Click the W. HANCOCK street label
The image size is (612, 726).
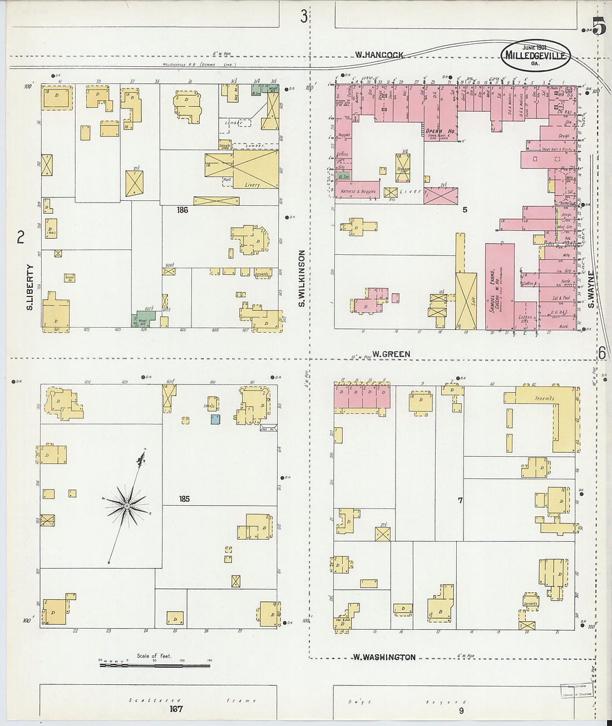(379, 55)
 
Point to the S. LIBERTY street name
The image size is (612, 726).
(30, 287)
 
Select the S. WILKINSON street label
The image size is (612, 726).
(302, 278)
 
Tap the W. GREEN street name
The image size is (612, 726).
(391, 354)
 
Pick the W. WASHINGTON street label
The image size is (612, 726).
(384, 657)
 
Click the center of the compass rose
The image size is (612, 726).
(127, 506)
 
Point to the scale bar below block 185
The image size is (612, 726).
(155, 665)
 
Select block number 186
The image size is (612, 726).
(182, 210)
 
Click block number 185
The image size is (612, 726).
(184, 498)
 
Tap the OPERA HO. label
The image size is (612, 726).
(441, 131)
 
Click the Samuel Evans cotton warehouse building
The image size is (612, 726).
(499, 287)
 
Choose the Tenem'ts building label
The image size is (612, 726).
(544, 398)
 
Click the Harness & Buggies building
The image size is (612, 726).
(358, 191)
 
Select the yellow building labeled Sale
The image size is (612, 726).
(466, 300)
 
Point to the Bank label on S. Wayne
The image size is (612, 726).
(564, 327)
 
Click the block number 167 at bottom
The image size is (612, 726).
(176, 709)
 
